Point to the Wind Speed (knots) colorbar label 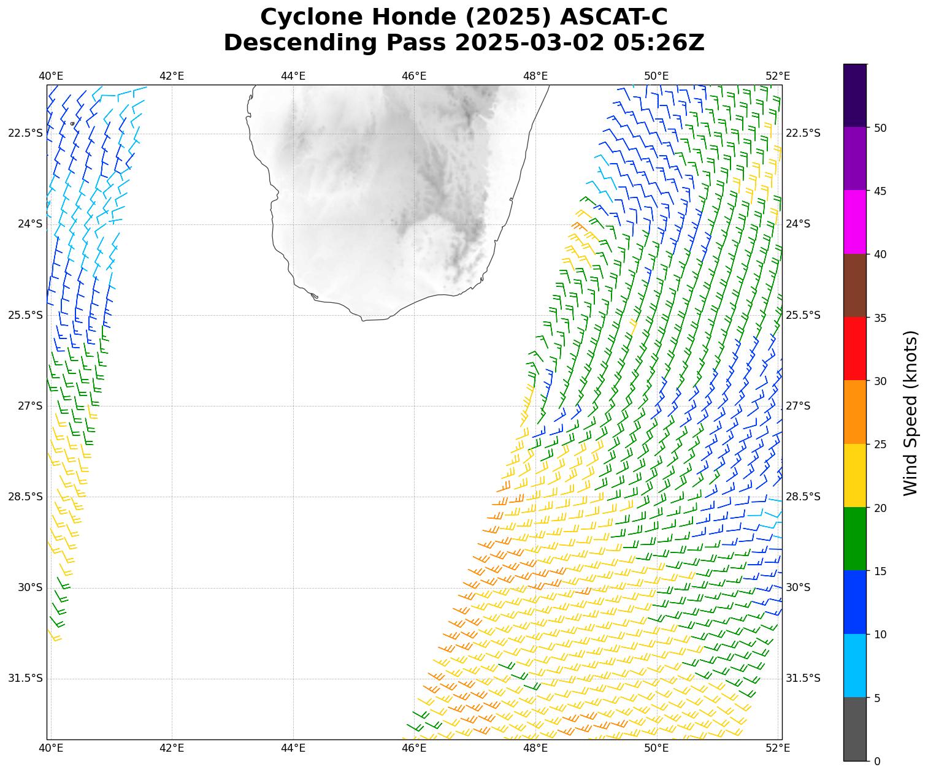911,413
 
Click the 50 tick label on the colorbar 880,128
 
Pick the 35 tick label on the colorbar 880,318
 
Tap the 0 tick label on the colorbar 877,761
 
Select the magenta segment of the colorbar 855,222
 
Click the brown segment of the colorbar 855,285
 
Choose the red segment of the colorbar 855,348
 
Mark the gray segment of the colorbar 855,729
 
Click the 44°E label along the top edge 293,76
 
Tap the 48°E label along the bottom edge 535,747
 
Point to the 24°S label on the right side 798,224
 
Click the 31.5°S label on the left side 26,678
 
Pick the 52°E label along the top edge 778,76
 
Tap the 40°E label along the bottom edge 51,747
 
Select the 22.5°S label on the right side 803,133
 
